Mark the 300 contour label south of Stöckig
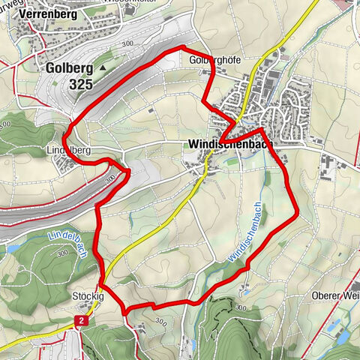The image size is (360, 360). click(159, 321)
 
